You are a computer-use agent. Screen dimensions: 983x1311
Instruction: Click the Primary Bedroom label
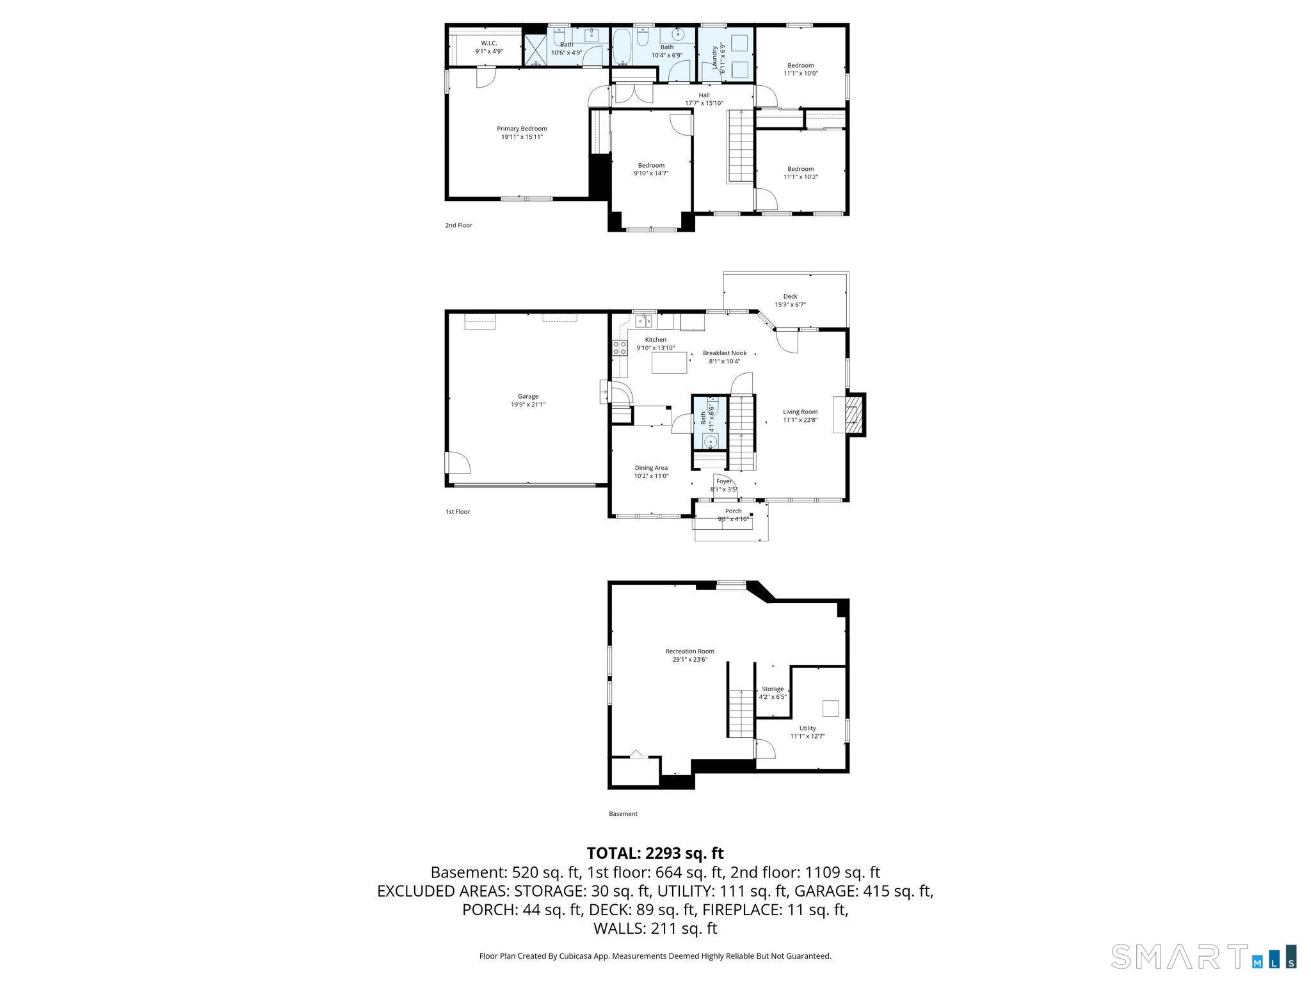coord(522,129)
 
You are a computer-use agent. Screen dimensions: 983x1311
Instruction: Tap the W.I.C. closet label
coord(489,43)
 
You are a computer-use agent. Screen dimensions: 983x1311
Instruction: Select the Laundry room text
coord(716,58)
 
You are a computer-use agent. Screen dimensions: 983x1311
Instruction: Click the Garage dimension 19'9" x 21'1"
coord(527,404)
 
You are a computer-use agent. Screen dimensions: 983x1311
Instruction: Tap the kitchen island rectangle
coord(670,363)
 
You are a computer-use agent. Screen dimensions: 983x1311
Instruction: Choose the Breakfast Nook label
coord(725,353)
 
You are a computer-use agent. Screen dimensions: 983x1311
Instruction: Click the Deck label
coord(790,296)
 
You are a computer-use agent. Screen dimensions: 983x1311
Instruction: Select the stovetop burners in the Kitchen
coord(620,348)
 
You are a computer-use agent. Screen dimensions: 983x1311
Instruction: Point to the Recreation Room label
coord(689,651)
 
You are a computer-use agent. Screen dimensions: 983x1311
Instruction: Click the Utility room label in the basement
coord(807,728)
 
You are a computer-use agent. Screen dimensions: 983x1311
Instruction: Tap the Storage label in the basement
coord(773,689)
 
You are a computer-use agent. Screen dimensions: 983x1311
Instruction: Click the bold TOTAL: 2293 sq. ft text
coord(655,853)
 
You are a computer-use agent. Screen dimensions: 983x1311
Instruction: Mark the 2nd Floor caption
coord(458,225)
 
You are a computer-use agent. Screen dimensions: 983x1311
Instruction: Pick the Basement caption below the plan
coord(623,814)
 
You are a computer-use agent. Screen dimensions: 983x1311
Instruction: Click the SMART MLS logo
coord(1203,956)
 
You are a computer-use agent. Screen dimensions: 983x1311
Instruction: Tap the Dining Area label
coord(651,468)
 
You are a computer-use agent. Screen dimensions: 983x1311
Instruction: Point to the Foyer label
coord(724,481)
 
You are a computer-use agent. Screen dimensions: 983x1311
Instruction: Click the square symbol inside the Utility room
coord(830,708)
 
